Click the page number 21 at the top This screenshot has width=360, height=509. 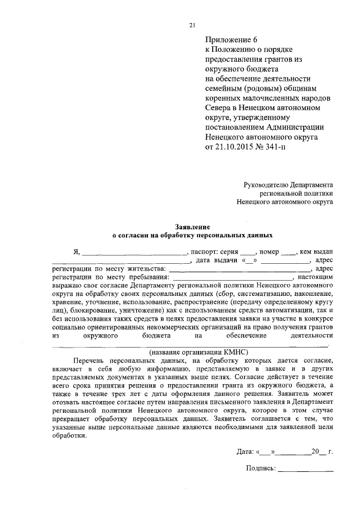(192, 25)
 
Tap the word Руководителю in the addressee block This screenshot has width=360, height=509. (268, 184)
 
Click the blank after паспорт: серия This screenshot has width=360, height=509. (249, 253)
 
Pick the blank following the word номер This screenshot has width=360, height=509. (288, 253)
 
